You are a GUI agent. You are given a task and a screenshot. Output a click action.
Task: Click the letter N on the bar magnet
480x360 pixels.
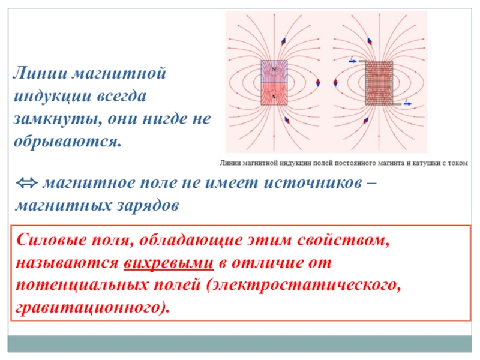point(274,70)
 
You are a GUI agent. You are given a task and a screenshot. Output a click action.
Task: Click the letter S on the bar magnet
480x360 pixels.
point(274,97)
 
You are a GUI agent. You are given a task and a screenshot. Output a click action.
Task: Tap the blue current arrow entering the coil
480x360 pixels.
point(353,61)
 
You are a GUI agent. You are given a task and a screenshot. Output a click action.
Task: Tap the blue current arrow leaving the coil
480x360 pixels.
point(408,104)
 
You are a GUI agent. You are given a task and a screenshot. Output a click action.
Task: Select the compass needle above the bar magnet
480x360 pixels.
point(284,41)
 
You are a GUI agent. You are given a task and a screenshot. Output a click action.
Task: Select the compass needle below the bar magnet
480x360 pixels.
point(287,120)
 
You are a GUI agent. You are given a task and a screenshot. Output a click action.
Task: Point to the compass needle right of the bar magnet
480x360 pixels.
point(318,82)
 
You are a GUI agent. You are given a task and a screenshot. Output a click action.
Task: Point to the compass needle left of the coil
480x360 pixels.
point(335,83)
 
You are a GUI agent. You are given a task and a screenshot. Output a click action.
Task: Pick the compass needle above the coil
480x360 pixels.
point(370,41)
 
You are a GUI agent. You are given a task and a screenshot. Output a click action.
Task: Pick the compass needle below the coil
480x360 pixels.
point(366,121)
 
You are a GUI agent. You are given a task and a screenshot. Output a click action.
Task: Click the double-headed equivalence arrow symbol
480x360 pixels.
point(26,183)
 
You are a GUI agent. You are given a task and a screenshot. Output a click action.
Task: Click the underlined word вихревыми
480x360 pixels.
point(169,263)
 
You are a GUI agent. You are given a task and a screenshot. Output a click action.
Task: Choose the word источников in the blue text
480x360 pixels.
point(313,183)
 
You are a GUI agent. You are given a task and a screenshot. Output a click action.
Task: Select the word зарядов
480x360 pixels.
point(148,206)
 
